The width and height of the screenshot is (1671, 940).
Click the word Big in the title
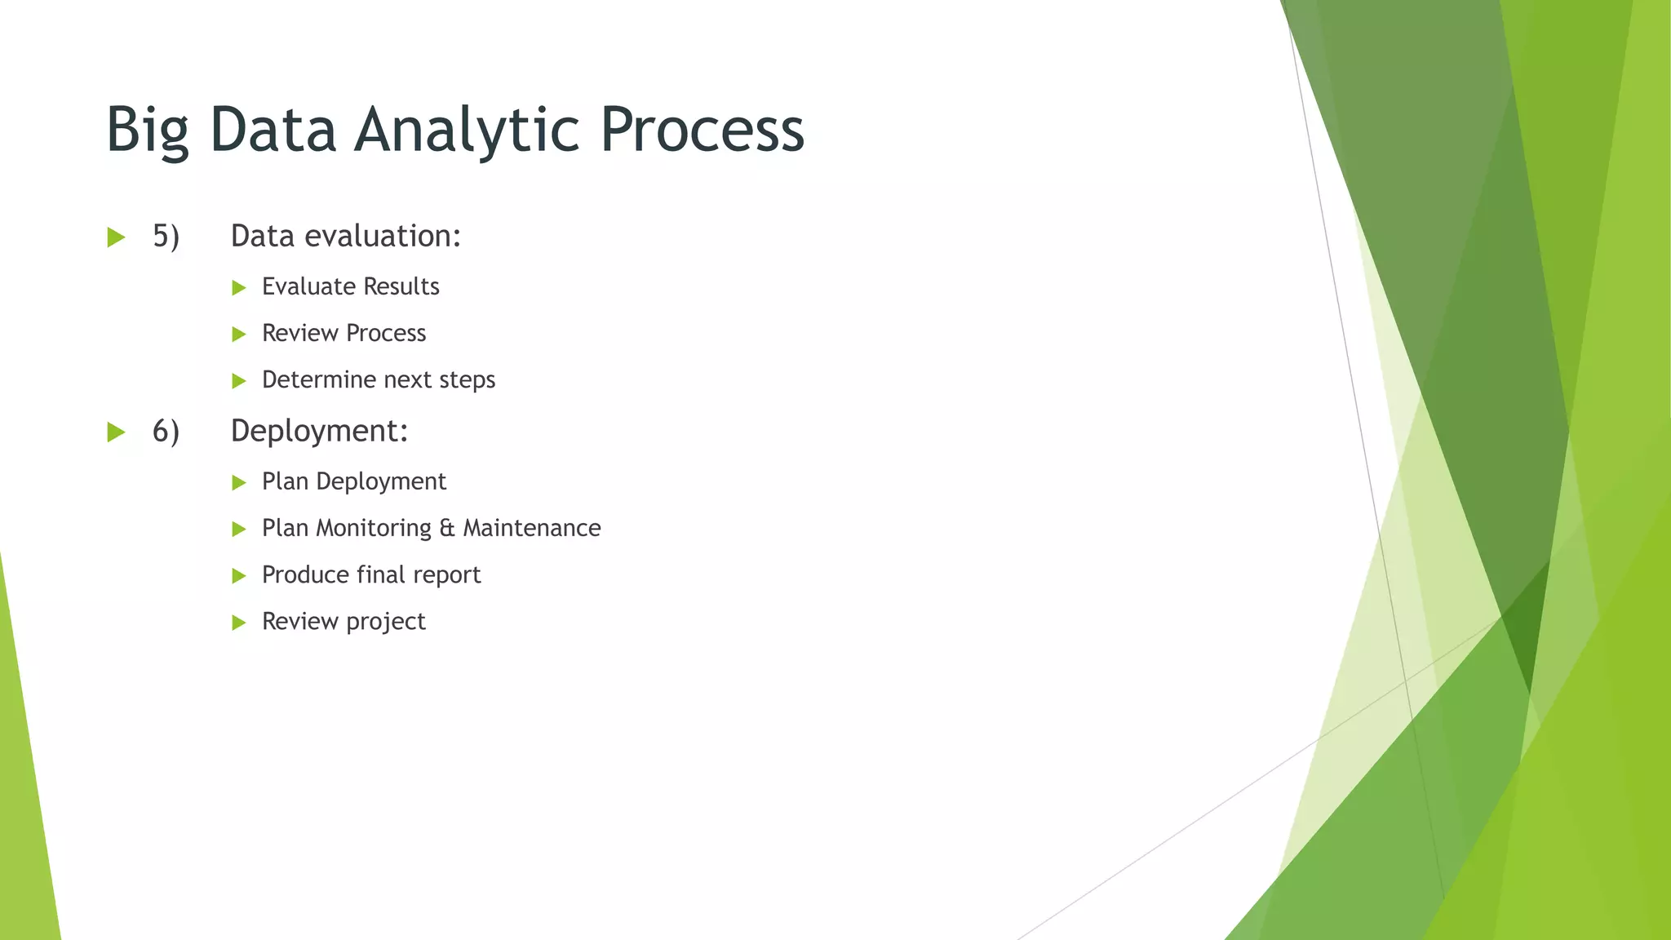point(148,131)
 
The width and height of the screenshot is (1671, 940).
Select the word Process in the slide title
point(703,131)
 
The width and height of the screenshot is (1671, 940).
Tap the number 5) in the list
point(166,237)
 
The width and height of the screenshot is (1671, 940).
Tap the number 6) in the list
point(166,431)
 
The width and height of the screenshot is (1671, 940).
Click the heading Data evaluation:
point(346,236)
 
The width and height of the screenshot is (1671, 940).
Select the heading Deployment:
point(319,431)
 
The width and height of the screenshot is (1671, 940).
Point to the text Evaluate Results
point(350,286)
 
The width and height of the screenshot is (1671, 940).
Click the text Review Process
point(344,333)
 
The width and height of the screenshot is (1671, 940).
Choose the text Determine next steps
point(379,379)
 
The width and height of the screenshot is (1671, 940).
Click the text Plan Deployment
point(353,481)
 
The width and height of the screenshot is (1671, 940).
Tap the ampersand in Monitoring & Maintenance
point(446,528)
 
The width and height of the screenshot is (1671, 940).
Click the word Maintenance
point(532,528)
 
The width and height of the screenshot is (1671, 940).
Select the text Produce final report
point(371,575)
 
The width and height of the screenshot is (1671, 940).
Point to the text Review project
point(344,622)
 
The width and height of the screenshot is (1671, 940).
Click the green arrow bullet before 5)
point(117,237)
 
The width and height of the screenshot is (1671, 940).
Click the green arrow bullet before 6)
point(117,432)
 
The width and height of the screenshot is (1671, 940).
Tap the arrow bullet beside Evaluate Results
point(239,287)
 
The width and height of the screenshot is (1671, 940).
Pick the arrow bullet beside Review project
point(239,623)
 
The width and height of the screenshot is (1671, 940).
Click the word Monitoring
point(374,528)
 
